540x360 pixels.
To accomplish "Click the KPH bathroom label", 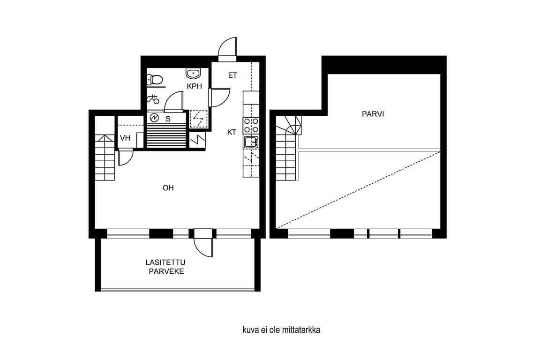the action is pyautogui.click(x=194, y=86).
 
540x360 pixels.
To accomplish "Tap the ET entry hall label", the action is pyautogui.click(x=232, y=75).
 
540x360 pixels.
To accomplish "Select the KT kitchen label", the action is pyautogui.click(x=232, y=132).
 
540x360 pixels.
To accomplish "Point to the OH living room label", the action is pyautogui.click(x=168, y=188).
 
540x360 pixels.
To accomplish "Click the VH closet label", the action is pyautogui.click(x=125, y=138).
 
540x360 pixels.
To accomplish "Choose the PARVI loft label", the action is pyautogui.click(x=373, y=114).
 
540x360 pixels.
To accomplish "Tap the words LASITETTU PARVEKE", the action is pyautogui.click(x=165, y=267).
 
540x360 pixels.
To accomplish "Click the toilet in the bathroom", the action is pyautogui.click(x=155, y=80).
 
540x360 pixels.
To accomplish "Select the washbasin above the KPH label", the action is pyautogui.click(x=194, y=74).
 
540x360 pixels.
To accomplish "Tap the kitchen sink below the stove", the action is pyautogui.click(x=251, y=142).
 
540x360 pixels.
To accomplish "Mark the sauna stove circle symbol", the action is pyautogui.click(x=154, y=118).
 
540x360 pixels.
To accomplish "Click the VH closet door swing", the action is pyautogui.click(x=125, y=158).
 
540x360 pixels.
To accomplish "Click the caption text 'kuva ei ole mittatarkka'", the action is pyautogui.click(x=281, y=330).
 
